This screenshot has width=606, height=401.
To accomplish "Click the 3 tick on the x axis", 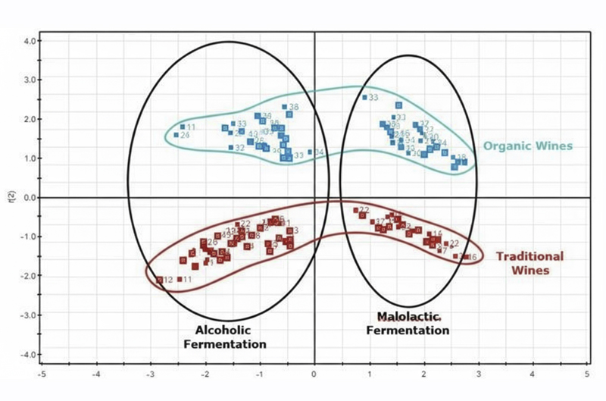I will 478,374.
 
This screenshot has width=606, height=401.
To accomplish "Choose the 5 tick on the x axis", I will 587,374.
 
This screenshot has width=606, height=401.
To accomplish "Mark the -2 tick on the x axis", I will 205,374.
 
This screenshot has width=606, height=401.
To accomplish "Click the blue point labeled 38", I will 285,108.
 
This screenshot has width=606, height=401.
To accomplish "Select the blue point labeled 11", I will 183,127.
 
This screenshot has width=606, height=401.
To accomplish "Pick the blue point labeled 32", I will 231,148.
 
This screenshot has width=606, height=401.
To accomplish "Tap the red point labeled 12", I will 160,280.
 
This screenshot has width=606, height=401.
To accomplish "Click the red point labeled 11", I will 180,280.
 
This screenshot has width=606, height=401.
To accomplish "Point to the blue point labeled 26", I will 176,136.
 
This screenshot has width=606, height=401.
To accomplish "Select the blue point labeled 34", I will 310,152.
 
